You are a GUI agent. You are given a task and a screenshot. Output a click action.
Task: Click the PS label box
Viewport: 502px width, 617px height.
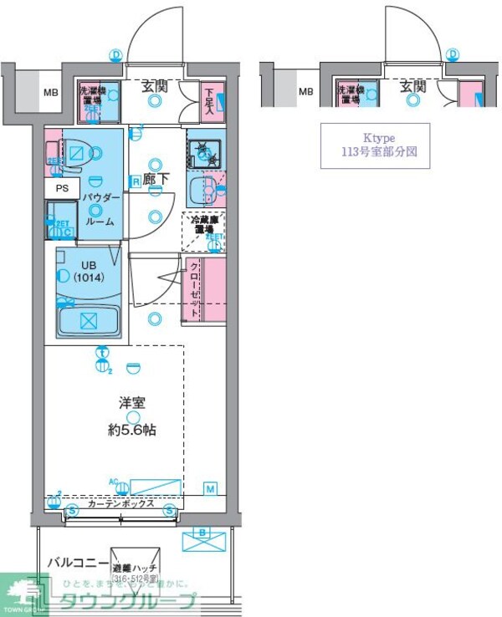[63, 188]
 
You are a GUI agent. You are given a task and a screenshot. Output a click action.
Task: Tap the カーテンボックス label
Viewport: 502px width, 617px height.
[120, 504]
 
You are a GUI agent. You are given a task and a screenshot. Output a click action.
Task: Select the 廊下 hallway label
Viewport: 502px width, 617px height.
[156, 178]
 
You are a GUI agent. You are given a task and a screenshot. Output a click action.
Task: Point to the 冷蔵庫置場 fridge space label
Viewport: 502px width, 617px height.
[204, 225]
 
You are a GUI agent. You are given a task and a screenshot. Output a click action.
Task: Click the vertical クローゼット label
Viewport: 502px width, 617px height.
[194, 289]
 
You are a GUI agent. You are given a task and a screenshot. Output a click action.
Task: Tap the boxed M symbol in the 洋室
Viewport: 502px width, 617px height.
[210, 487]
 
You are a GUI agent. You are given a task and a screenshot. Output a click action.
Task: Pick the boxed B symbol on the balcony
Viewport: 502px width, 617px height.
[202, 532]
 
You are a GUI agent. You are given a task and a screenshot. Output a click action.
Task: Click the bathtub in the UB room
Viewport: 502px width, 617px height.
[89, 319]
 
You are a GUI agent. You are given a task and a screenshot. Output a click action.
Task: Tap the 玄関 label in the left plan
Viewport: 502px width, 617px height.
[153, 85]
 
